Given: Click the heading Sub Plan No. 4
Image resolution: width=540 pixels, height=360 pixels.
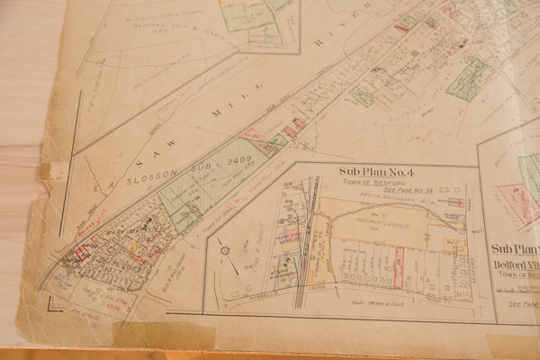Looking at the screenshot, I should pos(376,172).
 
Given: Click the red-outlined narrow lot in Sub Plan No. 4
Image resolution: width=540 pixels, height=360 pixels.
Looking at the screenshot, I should pos(398,270).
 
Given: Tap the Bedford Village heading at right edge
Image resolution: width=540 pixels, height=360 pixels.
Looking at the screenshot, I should pos(517,266).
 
